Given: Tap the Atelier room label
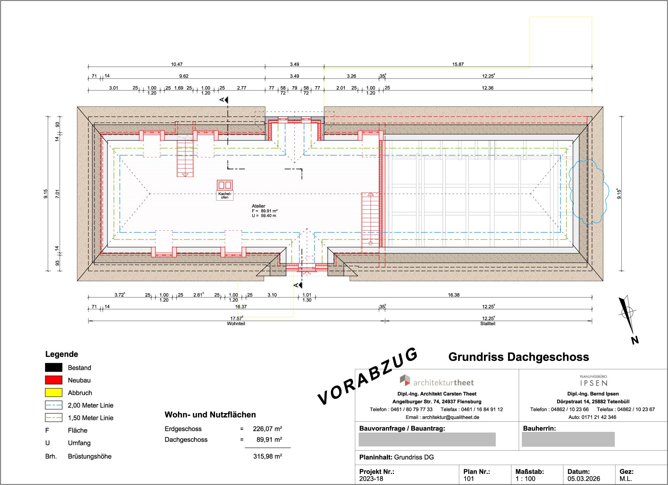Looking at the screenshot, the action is (259, 206).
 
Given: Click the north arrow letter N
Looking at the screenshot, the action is (635, 340).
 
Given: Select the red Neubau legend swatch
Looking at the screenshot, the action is (54, 380).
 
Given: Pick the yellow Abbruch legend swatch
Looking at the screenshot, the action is (54, 393).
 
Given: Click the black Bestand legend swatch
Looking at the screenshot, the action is (54, 368).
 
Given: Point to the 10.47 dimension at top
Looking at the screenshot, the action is (177, 64).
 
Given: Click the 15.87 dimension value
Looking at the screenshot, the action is (458, 64).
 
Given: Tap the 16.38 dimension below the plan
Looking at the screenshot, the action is (454, 295).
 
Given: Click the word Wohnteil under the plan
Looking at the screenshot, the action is (236, 324).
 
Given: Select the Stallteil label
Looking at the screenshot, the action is (488, 324).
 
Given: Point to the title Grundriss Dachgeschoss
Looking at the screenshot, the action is (519, 357).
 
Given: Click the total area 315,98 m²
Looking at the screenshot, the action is (268, 457).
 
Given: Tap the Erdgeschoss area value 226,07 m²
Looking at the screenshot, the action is (268, 429).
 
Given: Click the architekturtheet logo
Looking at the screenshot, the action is (437, 381).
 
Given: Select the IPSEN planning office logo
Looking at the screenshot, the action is (594, 381).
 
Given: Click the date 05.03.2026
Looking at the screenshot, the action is (584, 479).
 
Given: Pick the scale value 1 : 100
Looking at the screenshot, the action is (525, 479).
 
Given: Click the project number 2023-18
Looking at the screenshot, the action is (371, 479).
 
